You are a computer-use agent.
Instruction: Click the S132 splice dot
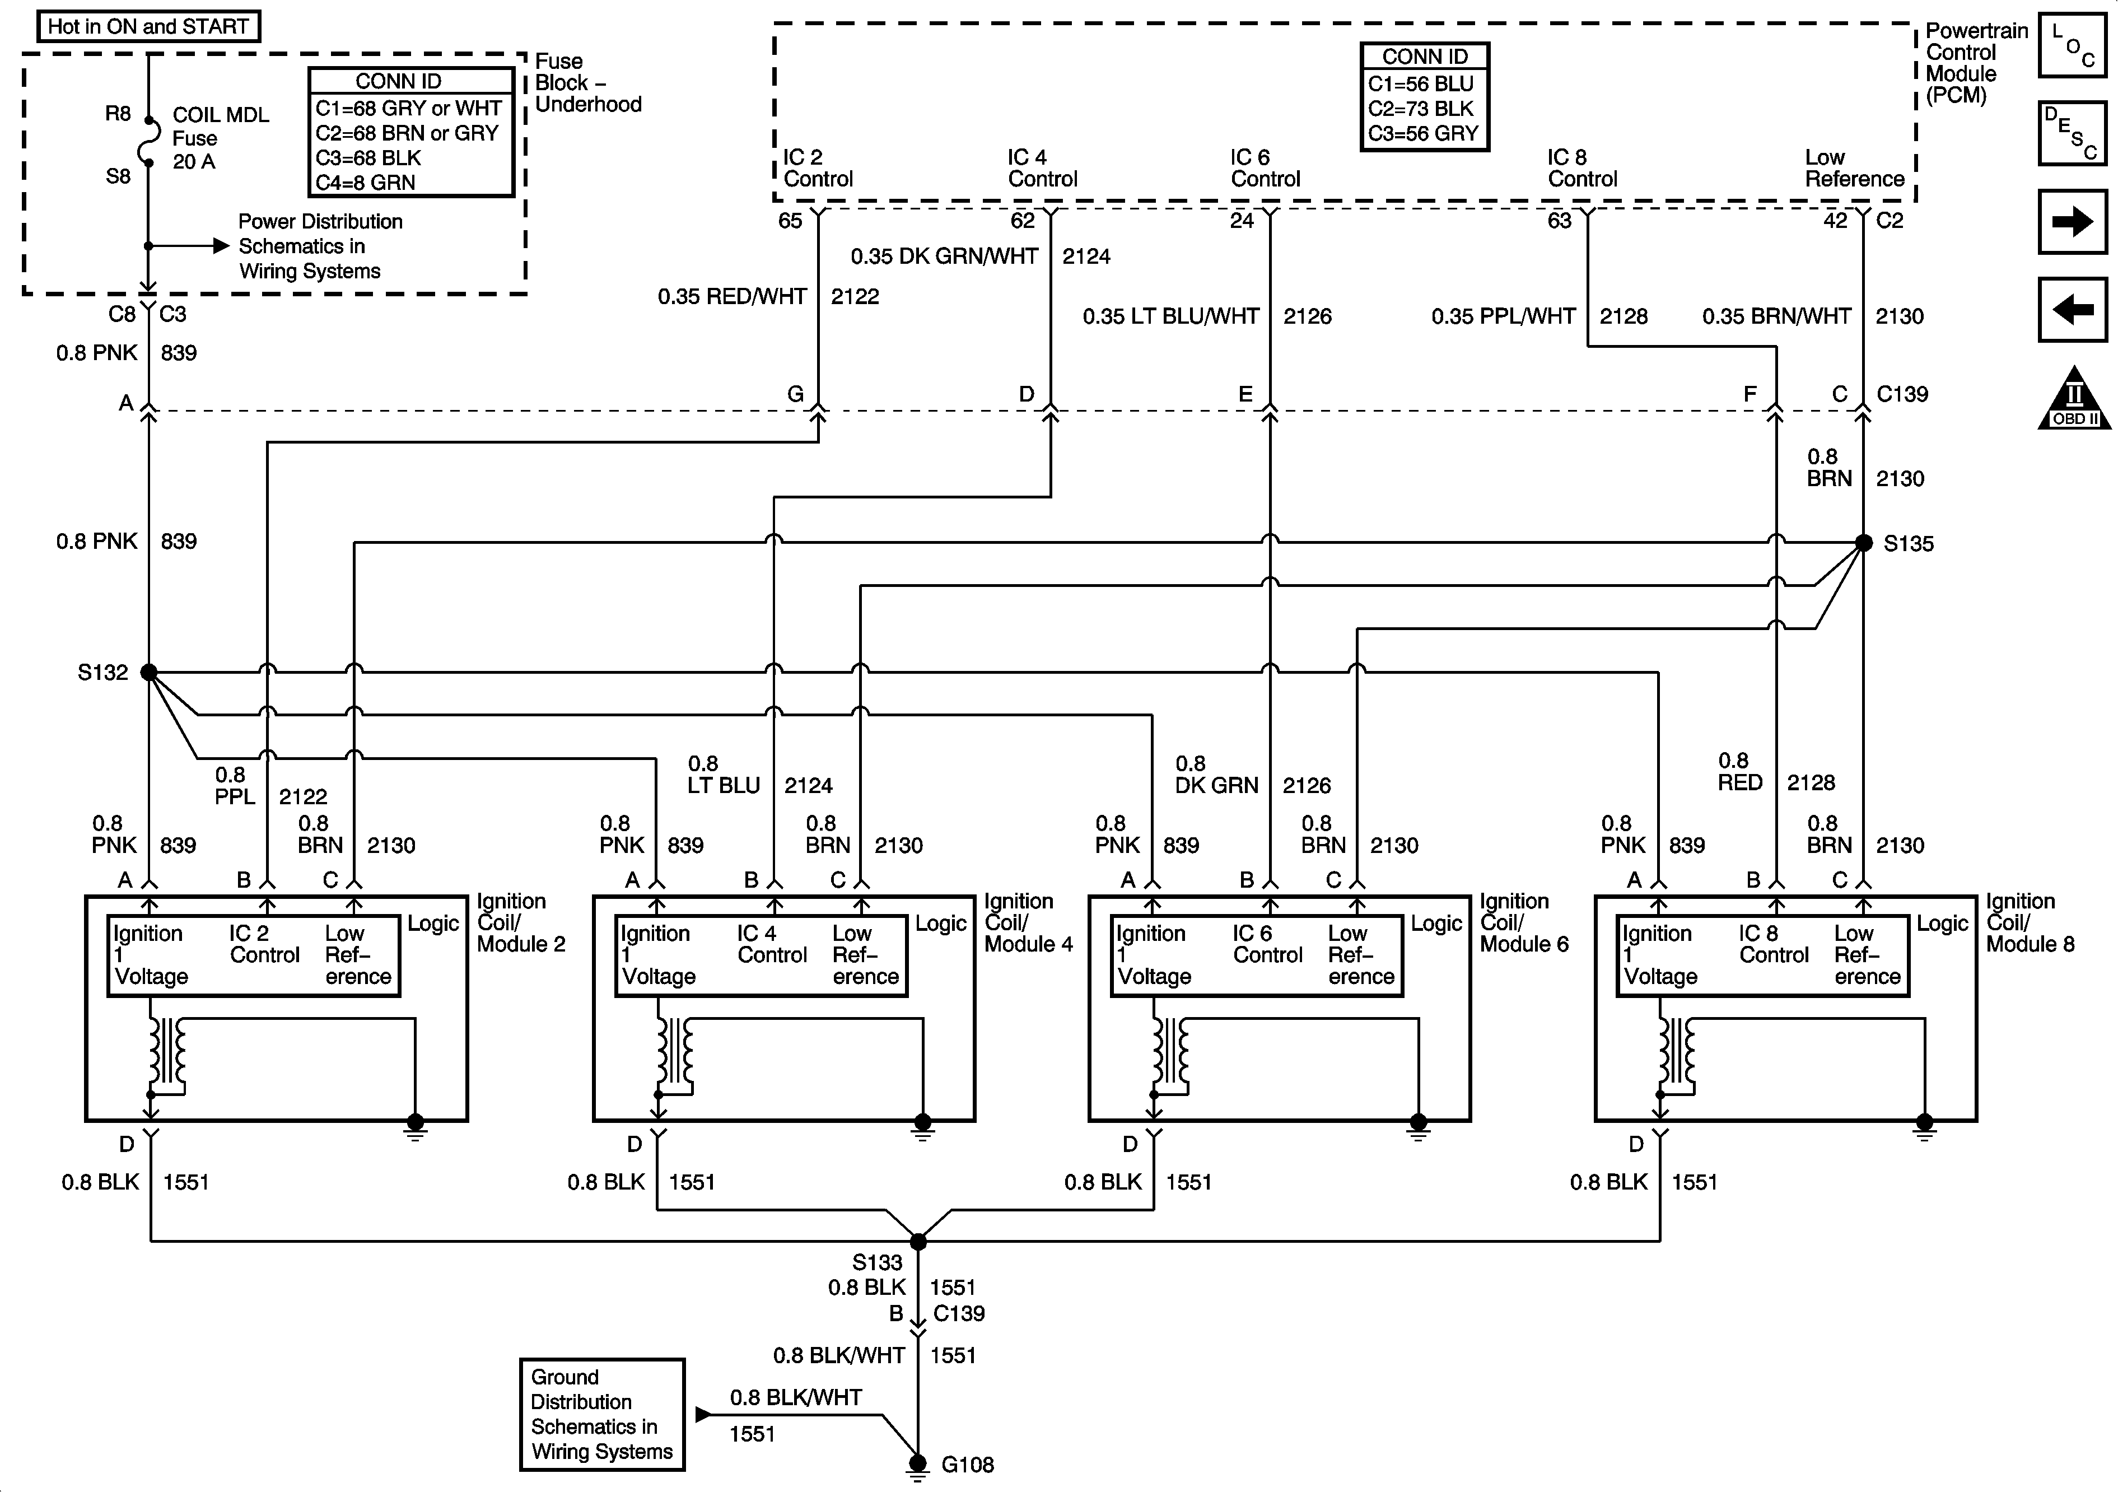point(148,673)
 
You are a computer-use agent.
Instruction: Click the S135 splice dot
point(1863,543)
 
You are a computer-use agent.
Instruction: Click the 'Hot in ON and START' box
point(148,26)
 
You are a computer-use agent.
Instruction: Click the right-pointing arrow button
point(2072,221)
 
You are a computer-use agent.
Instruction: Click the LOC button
point(2072,44)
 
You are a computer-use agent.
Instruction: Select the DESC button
point(2072,133)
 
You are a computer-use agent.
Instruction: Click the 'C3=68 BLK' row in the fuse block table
point(369,158)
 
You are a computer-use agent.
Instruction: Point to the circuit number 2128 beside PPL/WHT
point(1624,316)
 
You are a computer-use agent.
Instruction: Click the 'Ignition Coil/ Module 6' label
point(1524,922)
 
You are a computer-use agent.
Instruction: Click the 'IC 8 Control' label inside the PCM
point(1582,168)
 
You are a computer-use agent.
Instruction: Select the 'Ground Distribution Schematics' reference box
point(601,1414)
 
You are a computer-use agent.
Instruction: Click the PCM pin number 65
point(791,221)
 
